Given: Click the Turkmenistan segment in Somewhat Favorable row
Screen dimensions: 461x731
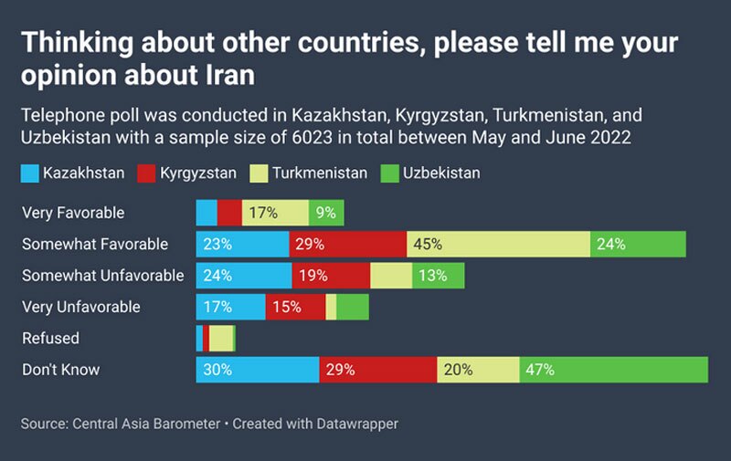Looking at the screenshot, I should (498, 245).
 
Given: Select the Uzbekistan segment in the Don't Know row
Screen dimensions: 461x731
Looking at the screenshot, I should (613, 370).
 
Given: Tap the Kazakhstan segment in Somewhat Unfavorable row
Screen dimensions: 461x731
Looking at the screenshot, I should (244, 276).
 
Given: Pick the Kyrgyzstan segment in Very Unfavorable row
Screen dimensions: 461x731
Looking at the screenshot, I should (295, 307).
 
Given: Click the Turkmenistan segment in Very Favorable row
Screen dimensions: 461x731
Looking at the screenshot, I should (275, 213).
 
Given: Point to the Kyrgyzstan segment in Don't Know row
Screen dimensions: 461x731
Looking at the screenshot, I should (378, 370).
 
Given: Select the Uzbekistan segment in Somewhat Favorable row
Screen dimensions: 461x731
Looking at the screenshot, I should (638, 245).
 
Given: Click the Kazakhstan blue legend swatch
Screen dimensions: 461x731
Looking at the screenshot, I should (30, 173).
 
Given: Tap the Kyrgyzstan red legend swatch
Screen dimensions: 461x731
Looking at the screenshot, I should (147, 173).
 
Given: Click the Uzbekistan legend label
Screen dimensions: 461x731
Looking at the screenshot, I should (441, 173).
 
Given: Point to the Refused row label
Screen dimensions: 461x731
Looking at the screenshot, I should (50, 338).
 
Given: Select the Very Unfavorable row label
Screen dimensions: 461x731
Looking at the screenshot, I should (81, 307).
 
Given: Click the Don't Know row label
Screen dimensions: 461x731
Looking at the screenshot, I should (60, 370).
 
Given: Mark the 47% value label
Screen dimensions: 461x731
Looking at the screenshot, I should (538, 370).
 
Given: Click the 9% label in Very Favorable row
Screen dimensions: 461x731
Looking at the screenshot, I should (324, 213).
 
